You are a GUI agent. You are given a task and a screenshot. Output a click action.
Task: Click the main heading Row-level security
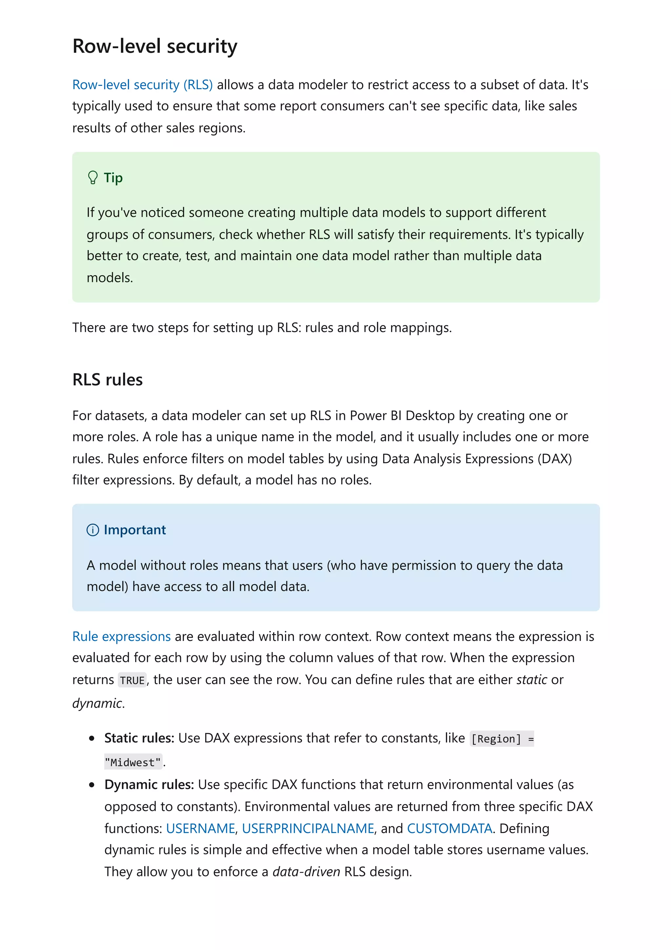(155, 46)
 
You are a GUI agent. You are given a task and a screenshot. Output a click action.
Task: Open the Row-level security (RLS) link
(142, 85)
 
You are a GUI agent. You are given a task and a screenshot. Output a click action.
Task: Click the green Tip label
(113, 178)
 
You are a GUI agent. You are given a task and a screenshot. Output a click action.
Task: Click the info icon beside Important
(93, 530)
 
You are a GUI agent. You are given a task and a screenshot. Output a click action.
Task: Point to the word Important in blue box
(135, 530)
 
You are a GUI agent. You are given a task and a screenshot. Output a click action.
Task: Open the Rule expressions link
(121, 636)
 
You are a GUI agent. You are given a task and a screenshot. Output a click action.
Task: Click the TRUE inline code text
(132, 680)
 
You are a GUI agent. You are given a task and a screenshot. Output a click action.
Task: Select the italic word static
(532, 680)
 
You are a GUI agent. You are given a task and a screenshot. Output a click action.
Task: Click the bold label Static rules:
(139, 738)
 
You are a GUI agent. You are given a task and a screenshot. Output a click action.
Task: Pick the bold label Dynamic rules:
(149, 785)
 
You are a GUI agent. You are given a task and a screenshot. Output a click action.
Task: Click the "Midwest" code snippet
(133, 762)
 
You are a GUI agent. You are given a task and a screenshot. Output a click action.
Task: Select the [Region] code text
(496, 739)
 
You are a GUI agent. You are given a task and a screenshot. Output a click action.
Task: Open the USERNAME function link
(201, 829)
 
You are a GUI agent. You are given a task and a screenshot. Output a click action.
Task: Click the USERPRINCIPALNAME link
(308, 829)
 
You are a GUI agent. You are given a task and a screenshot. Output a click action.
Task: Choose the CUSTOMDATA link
(450, 829)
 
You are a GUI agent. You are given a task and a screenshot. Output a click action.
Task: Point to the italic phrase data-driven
(306, 872)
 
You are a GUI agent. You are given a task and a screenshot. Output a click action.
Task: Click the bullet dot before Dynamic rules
(92, 785)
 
